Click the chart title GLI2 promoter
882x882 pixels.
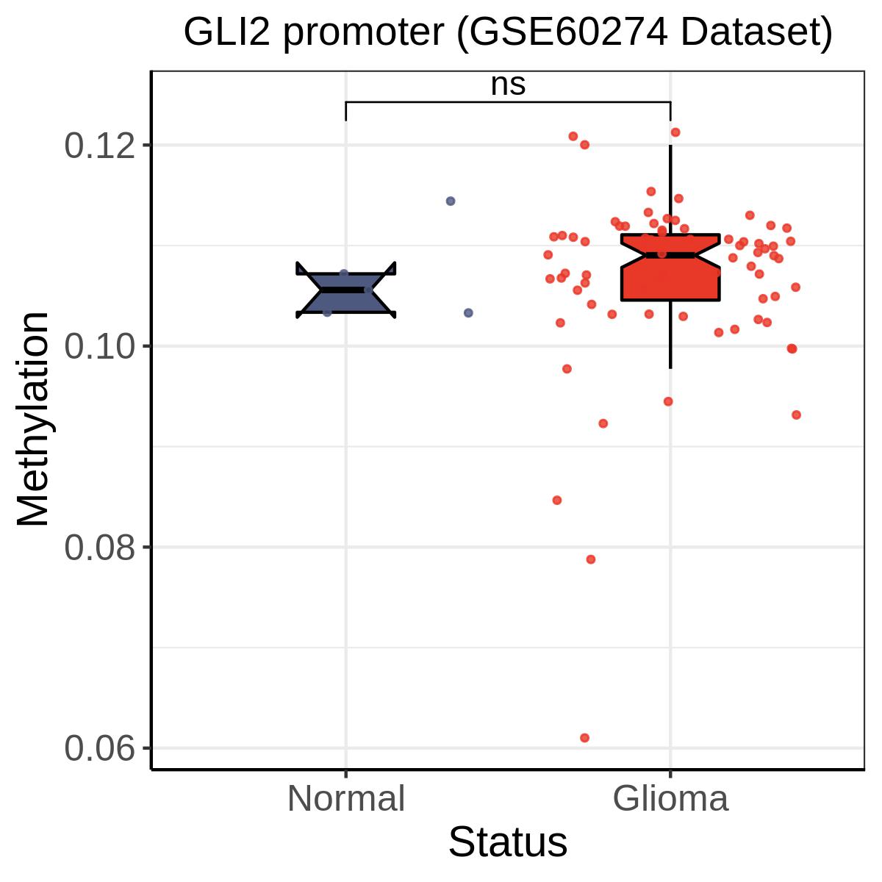(508, 32)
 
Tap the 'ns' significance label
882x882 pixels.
(508, 85)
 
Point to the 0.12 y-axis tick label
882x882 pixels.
(100, 146)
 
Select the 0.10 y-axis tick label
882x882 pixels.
(100, 346)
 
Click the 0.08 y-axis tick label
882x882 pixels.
(100, 548)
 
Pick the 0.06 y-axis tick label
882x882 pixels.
(100, 748)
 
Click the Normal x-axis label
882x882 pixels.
(346, 799)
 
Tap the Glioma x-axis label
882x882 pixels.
(670, 799)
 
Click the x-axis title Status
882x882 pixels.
(508, 842)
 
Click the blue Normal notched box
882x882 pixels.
(346, 290)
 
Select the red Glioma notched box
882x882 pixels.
(670, 268)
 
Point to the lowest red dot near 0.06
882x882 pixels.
(584, 738)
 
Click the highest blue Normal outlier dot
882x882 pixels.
(451, 201)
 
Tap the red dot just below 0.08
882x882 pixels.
(590, 559)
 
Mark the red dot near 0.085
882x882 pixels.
(556, 501)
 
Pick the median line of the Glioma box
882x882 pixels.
(670, 255)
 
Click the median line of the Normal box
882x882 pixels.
(346, 290)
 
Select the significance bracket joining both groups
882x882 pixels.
(508, 102)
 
